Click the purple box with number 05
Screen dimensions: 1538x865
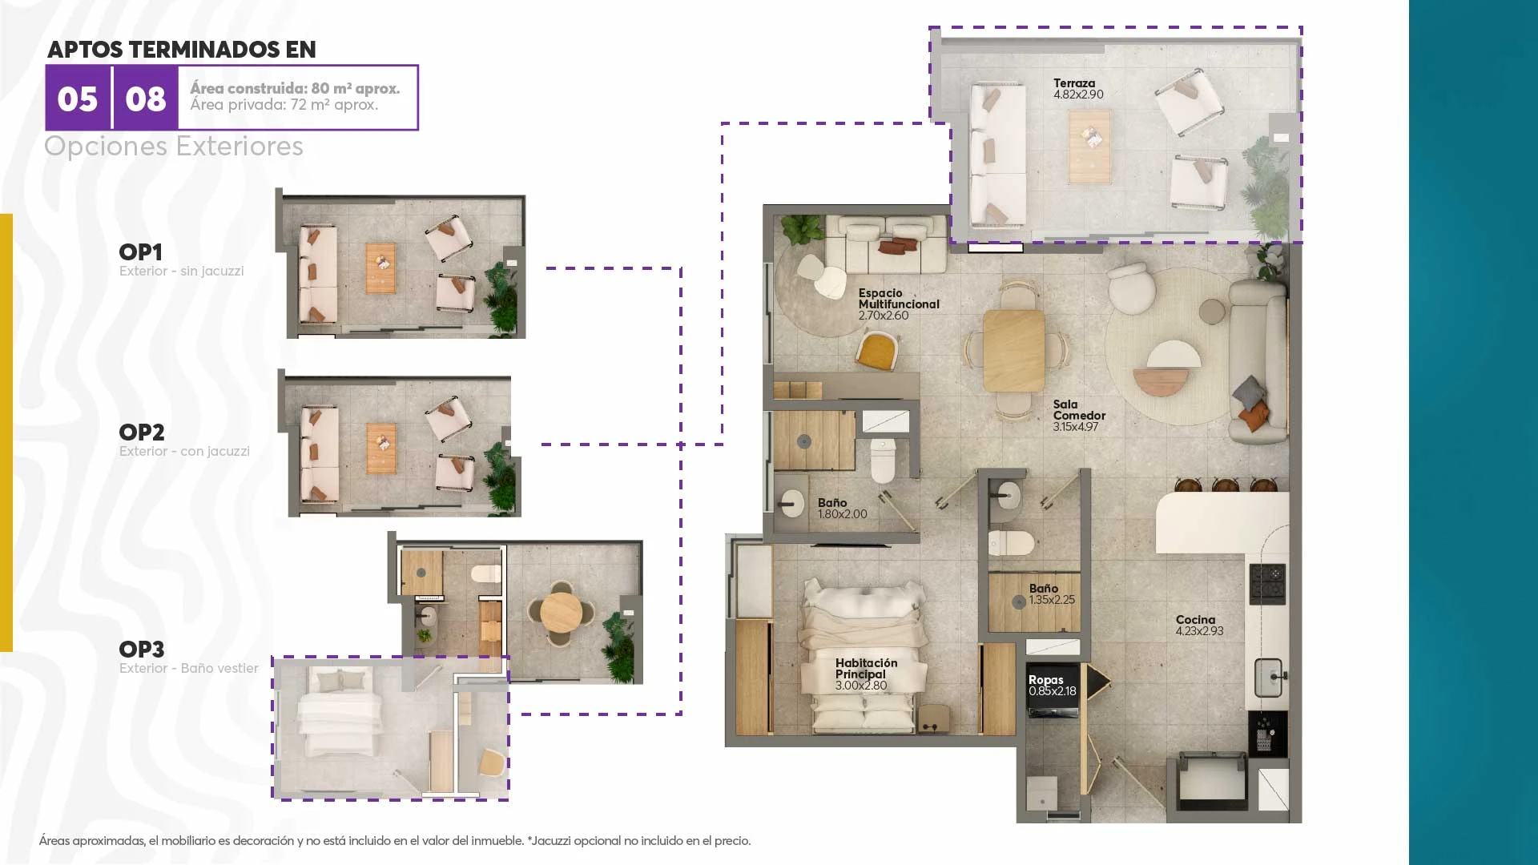pos(78,98)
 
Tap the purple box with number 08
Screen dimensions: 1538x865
pos(146,98)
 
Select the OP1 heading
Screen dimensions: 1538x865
pos(141,252)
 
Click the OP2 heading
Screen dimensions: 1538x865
pos(142,432)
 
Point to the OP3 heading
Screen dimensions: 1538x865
pos(142,650)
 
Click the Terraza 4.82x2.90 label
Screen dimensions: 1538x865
pos(1078,89)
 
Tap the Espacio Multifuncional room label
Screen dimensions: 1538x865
pos(899,304)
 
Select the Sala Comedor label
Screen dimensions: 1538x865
pos(1079,416)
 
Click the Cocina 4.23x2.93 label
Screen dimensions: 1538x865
pos(1199,626)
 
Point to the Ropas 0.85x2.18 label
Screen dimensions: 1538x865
pos(1053,686)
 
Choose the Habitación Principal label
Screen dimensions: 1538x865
pos(866,674)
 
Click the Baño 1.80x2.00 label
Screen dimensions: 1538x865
pos(842,509)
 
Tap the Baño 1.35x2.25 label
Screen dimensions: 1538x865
pos(1052,594)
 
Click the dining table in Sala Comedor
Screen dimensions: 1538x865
pos(1014,351)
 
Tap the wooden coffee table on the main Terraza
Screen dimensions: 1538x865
pos(1089,147)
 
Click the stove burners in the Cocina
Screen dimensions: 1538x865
pos(1268,583)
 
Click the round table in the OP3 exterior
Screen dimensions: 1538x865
pos(562,613)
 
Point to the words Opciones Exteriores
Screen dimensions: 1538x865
pos(174,147)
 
